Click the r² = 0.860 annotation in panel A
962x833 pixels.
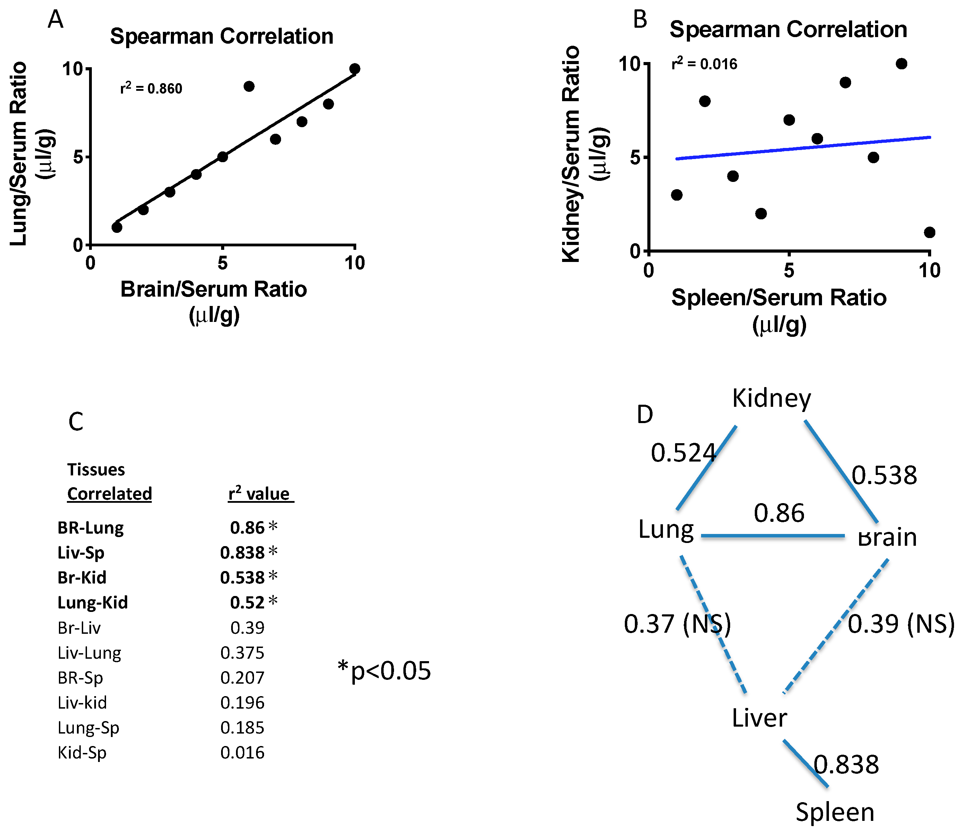(151, 88)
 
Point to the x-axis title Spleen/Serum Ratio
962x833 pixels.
(779, 298)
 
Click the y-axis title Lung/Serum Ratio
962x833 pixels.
(19, 154)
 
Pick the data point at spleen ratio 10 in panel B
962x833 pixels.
(929, 232)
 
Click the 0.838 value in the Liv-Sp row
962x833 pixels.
(242, 552)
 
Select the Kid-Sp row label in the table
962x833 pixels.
(82, 752)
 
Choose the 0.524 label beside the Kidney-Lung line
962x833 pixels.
(683, 453)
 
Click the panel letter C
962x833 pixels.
(76, 422)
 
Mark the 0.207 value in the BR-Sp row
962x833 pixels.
(242, 677)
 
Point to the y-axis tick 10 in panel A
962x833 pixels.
(72, 69)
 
